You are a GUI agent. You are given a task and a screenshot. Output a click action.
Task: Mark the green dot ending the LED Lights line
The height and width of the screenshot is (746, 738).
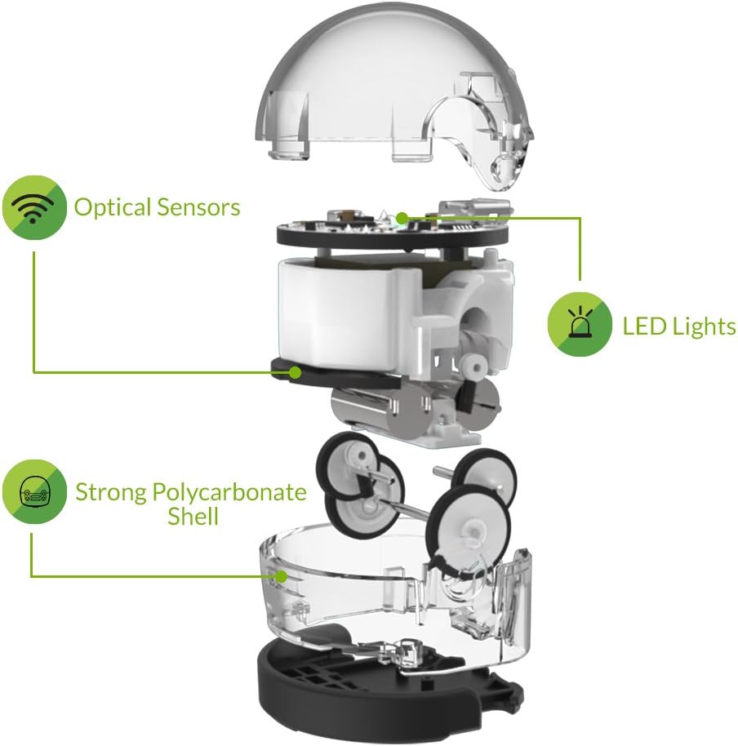[x=402, y=218]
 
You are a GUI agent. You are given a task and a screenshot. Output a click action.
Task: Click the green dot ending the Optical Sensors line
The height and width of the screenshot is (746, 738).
[x=293, y=373]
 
